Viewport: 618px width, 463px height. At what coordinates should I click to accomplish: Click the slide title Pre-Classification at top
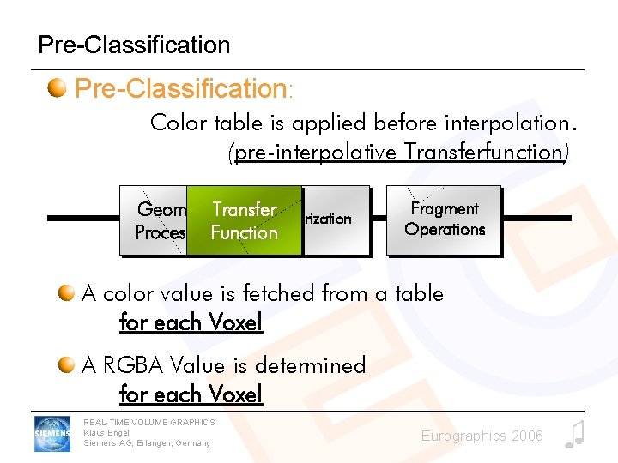point(134,45)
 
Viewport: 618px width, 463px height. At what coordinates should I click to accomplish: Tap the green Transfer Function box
point(245,221)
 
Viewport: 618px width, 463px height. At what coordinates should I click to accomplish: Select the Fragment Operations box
point(444,219)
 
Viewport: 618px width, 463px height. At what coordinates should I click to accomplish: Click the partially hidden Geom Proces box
point(158,221)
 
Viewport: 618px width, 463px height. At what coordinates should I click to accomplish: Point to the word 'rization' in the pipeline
point(328,219)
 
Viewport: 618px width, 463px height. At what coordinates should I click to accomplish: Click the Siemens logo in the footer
point(52,433)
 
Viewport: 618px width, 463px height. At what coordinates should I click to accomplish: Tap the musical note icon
point(574,435)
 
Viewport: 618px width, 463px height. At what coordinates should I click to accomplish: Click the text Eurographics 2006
point(482,436)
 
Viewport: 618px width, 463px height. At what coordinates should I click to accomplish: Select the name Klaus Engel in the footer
point(106,432)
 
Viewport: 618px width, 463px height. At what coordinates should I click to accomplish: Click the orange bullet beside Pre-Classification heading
point(58,88)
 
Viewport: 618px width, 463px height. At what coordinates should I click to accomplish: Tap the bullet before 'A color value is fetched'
point(67,294)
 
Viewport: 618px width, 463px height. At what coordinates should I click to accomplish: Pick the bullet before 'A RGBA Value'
point(67,366)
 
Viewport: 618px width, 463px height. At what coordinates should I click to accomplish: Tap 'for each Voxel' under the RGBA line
point(191,394)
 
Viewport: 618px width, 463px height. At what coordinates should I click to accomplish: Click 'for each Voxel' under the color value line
point(191,322)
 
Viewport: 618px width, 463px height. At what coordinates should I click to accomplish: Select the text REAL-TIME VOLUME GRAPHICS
point(148,422)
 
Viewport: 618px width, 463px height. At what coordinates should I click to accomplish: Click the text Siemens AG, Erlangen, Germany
point(146,443)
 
